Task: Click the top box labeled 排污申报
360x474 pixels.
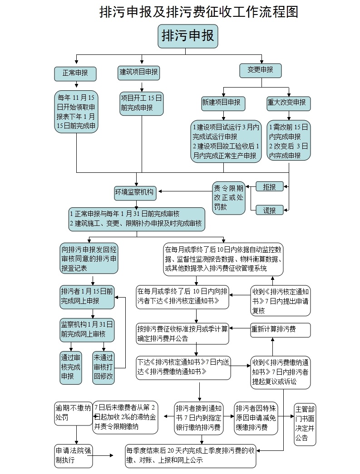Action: pos(188,36)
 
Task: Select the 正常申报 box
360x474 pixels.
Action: pos(75,74)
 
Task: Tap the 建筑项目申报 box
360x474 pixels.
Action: pos(138,73)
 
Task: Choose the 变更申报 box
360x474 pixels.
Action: pos(261,70)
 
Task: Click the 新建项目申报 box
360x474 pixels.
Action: pos(223,104)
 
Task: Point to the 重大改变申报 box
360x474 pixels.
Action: pos(289,103)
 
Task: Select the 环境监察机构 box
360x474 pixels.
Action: pos(135,193)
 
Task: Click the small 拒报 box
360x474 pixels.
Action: pos(270,187)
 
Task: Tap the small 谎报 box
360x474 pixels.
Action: pos(270,210)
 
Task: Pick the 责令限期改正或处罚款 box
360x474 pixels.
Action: pos(229,198)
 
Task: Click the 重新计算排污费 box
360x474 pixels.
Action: pos(281,330)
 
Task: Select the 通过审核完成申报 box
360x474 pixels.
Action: pos(71,367)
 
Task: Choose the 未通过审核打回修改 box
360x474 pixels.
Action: pos(104,367)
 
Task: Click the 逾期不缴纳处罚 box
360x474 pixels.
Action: pos(74,414)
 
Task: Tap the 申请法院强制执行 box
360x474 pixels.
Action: pos(74,456)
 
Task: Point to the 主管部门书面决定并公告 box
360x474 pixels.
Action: pos(305,425)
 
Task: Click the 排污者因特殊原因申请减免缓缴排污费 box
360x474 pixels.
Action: pos(256,418)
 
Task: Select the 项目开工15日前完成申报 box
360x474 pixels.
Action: pos(142,104)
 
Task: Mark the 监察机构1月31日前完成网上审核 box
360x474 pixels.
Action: pos(87,330)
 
